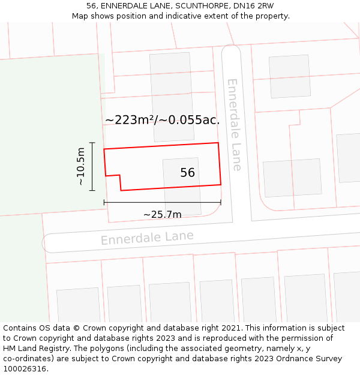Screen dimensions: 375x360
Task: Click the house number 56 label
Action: coord(187,173)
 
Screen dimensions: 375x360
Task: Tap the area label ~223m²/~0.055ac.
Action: coord(162,120)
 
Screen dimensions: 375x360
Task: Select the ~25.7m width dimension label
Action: coord(162,214)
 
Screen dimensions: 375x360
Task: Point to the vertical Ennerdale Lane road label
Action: coord(233,125)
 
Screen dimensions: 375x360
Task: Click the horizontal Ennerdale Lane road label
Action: coord(147,238)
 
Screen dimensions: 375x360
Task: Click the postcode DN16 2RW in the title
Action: coord(253,5)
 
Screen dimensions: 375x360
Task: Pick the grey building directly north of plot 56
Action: coord(172,96)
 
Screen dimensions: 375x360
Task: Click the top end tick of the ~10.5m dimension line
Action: coord(92,143)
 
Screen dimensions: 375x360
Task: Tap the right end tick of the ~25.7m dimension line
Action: coord(221,203)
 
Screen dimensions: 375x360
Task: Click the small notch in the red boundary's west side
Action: coord(113,176)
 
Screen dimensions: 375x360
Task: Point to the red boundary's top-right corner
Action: coord(218,143)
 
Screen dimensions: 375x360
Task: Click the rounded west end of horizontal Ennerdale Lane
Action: coord(47,243)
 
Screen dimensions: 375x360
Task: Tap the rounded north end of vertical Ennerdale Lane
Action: coord(231,50)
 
